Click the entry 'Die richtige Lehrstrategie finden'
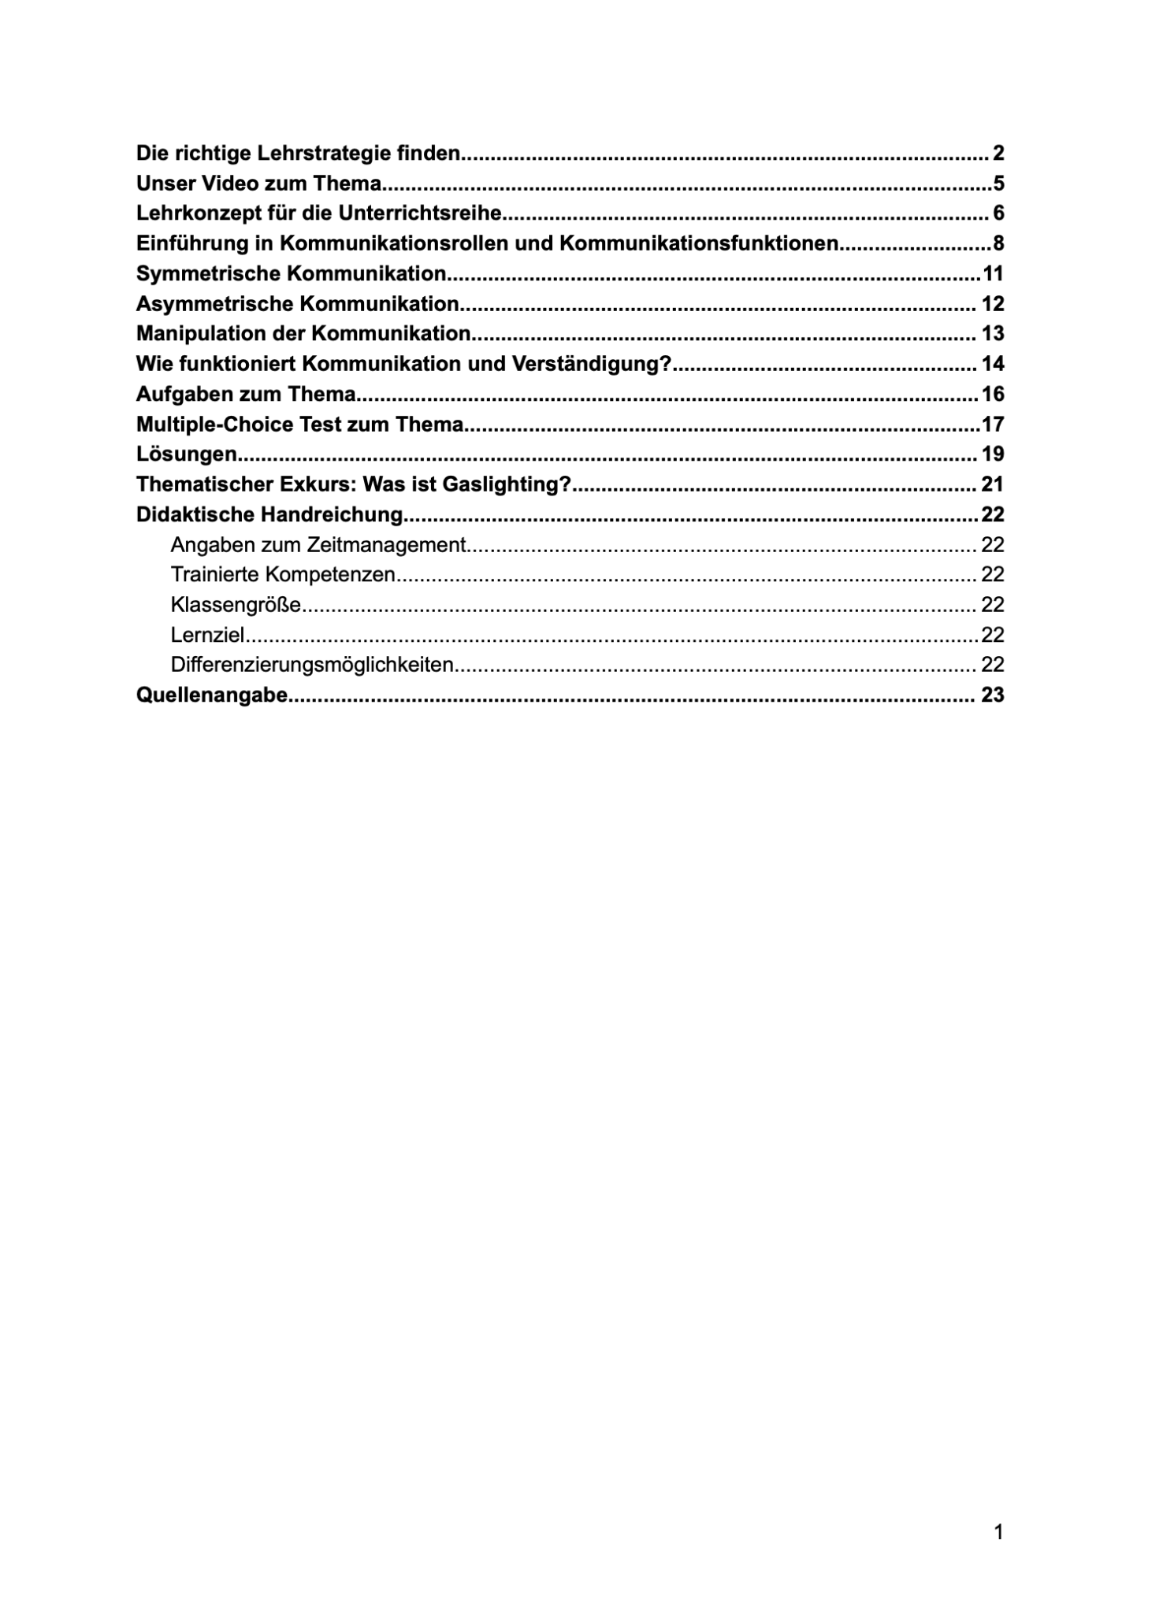pyautogui.click(x=298, y=153)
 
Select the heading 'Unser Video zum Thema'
pyautogui.click(x=258, y=184)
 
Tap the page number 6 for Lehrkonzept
pyautogui.click(x=998, y=213)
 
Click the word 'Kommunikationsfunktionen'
pyautogui.click(x=698, y=243)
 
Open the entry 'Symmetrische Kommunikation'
pyautogui.click(x=292, y=273)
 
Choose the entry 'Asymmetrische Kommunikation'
pyautogui.click(x=298, y=303)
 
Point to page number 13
pyautogui.click(x=993, y=334)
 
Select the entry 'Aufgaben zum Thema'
pyautogui.click(x=246, y=394)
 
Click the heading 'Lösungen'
pyautogui.click(x=187, y=454)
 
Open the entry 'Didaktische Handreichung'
pyautogui.click(x=269, y=514)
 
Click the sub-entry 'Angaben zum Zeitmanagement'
pyautogui.click(x=318, y=545)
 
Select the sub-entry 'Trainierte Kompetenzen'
pyautogui.click(x=283, y=575)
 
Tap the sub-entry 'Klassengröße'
pyautogui.click(x=236, y=605)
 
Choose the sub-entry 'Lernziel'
pyautogui.click(x=207, y=635)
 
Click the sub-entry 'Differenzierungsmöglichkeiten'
pyautogui.click(x=312, y=665)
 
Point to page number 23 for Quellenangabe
pyautogui.click(x=993, y=695)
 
